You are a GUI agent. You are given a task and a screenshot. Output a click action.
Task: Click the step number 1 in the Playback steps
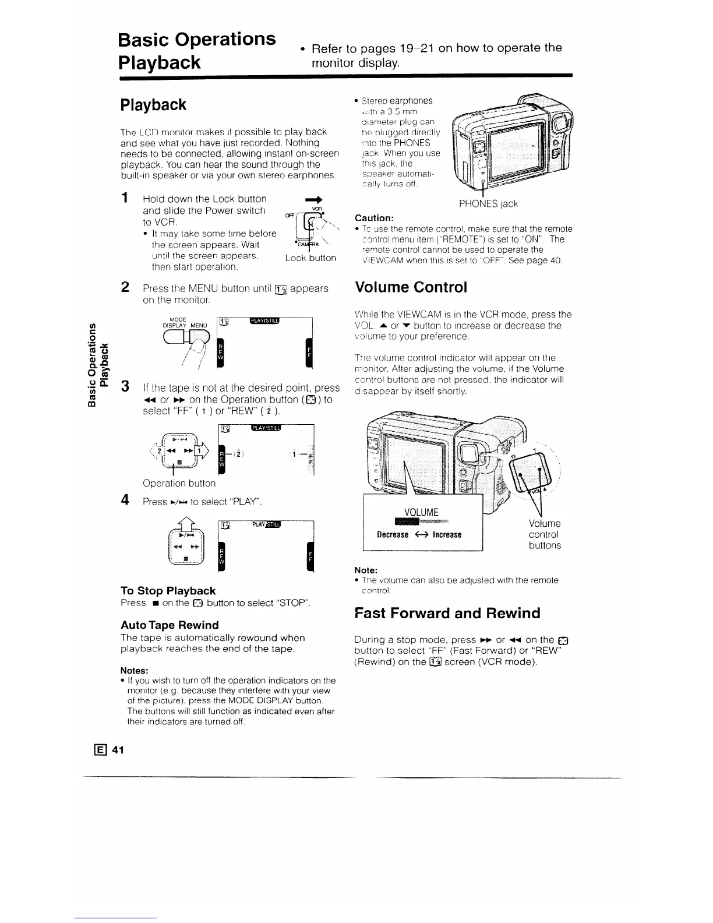pyautogui.click(x=124, y=199)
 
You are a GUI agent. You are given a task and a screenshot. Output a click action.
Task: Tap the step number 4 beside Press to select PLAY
pyautogui.click(x=124, y=500)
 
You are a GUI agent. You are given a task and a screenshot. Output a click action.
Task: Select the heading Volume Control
pyautogui.click(x=411, y=287)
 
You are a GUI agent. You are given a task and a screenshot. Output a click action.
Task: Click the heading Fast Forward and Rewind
pyautogui.click(x=447, y=613)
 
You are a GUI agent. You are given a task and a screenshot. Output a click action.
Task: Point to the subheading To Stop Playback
pyautogui.click(x=168, y=590)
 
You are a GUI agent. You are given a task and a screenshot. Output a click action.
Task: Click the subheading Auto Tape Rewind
pyautogui.click(x=170, y=625)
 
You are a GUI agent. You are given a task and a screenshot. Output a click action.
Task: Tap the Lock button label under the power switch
pyautogui.click(x=310, y=258)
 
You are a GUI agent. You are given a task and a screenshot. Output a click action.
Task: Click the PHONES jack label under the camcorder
pyautogui.click(x=488, y=203)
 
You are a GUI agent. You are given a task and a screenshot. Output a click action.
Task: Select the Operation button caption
pyautogui.click(x=179, y=483)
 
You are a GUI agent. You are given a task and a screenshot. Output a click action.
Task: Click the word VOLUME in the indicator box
pyautogui.click(x=421, y=512)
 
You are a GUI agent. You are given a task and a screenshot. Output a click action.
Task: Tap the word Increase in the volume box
pyautogui.click(x=447, y=534)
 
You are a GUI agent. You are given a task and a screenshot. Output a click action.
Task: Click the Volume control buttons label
pyautogui.click(x=545, y=534)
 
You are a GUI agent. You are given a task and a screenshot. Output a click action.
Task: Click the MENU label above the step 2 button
pyautogui.click(x=199, y=325)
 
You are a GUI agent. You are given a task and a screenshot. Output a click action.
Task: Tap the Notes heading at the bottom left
pyautogui.click(x=135, y=670)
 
